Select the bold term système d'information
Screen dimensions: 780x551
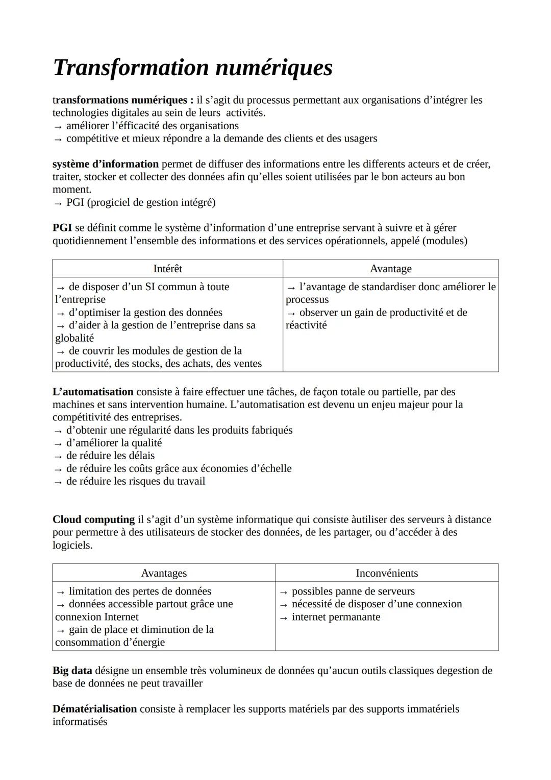click(x=106, y=164)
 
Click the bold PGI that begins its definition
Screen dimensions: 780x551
click(x=62, y=228)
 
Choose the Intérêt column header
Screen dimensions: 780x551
click(x=167, y=269)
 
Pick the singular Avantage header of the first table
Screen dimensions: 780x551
click(x=390, y=269)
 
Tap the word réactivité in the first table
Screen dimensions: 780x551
click(x=306, y=325)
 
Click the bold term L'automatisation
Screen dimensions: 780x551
click(x=93, y=392)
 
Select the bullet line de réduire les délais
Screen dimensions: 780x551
click(x=110, y=456)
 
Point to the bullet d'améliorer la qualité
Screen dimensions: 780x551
click(x=114, y=443)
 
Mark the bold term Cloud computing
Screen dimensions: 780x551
click(x=93, y=519)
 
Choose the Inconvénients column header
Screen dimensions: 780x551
click(x=387, y=573)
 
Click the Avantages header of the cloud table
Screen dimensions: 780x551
click(x=164, y=573)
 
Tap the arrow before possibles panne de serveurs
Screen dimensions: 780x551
click(x=284, y=592)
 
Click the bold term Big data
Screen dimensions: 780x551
click(x=72, y=670)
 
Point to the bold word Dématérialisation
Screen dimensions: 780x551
click(x=94, y=709)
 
